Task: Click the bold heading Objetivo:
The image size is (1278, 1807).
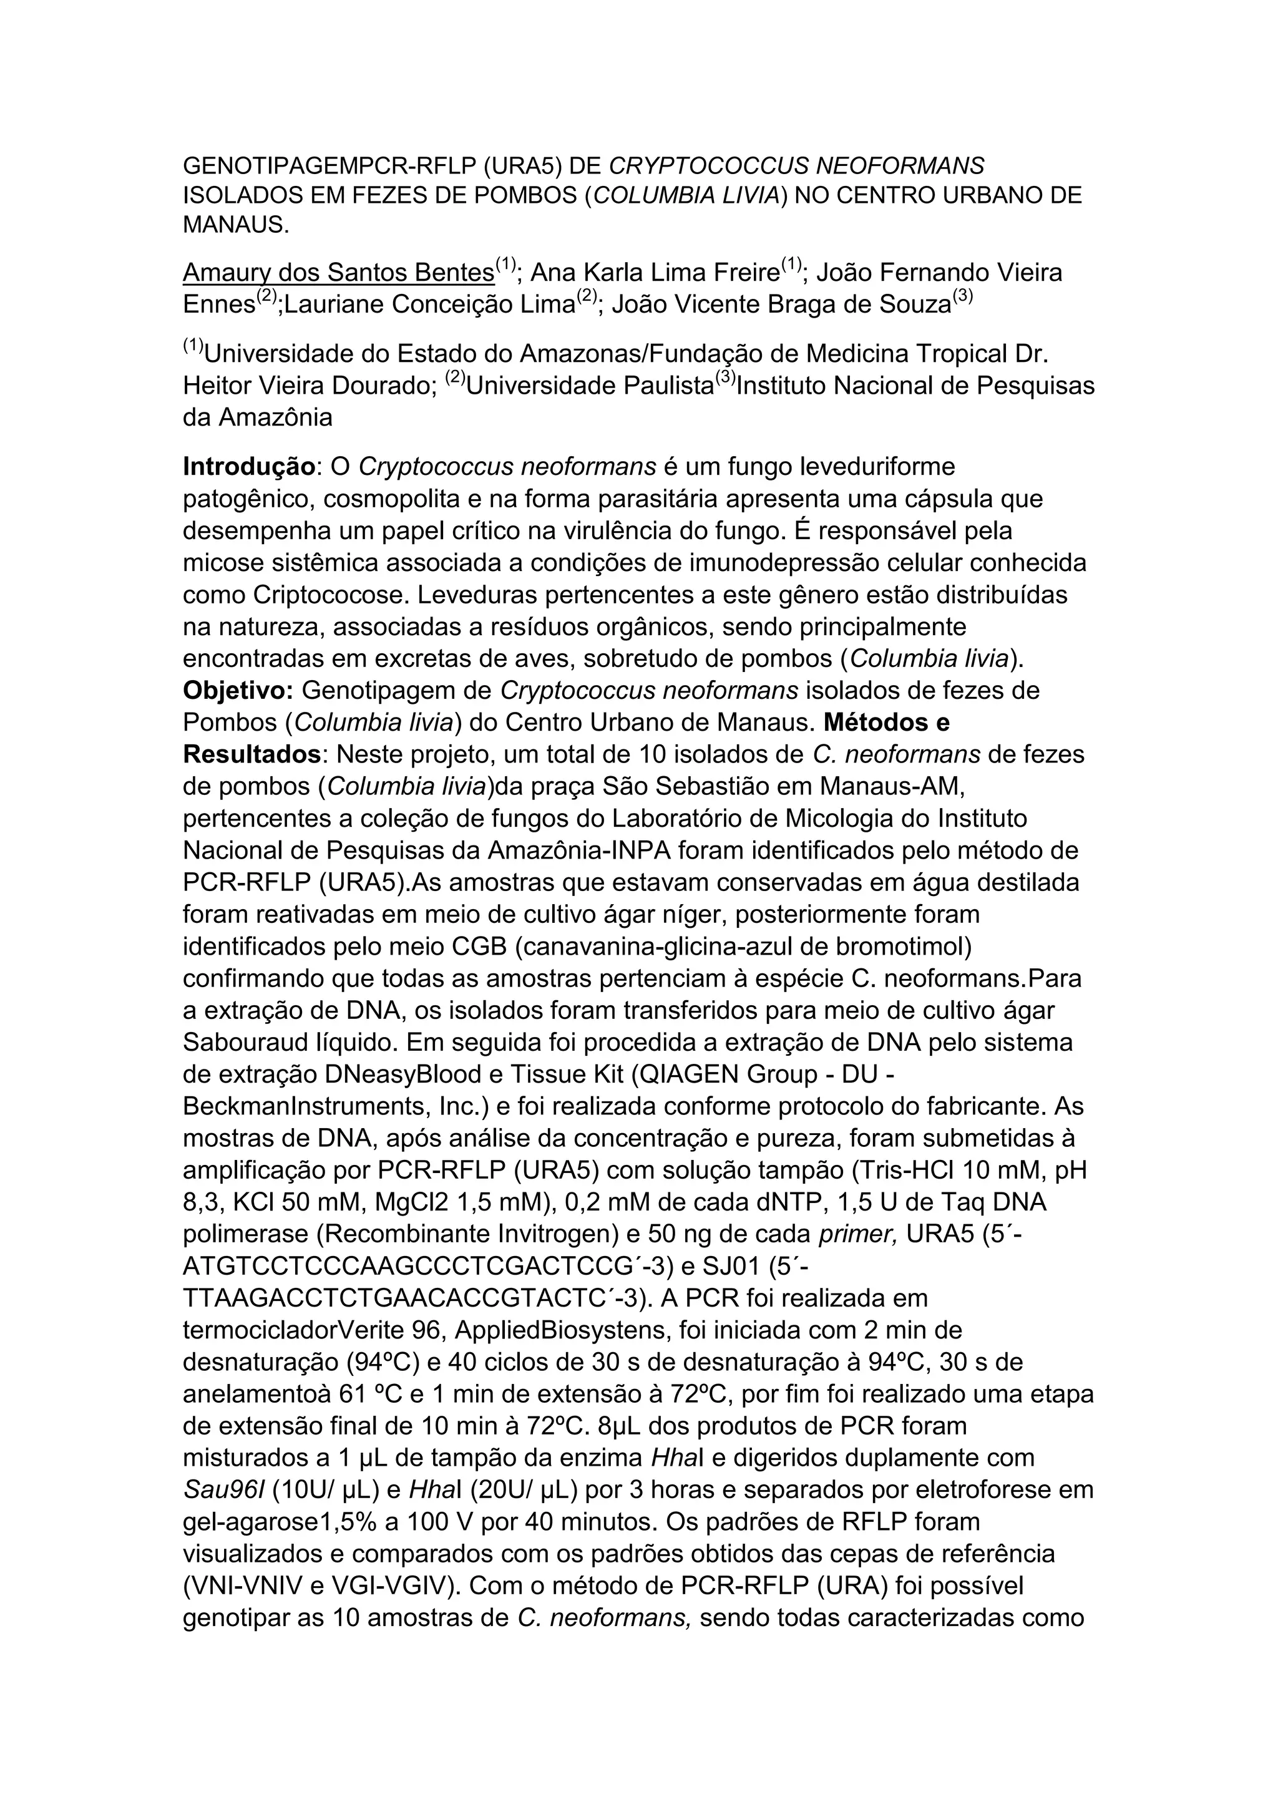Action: click(x=238, y=690)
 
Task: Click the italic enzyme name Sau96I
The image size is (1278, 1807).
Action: click(x=223, y=1490)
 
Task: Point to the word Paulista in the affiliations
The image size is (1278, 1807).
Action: click(x=668, y=386)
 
